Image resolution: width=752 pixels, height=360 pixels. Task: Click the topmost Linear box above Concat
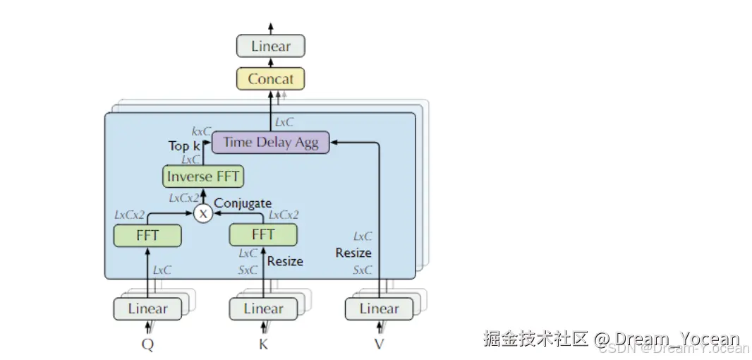pos(270,47)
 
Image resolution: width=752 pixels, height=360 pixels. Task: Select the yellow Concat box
pos(270,79)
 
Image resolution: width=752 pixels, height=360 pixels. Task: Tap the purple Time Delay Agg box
pos(271,143)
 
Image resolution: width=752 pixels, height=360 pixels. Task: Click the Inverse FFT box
pos(203,176)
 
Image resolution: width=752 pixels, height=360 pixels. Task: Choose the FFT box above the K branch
pos(263,234)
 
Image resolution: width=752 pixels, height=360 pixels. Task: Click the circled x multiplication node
pos(203,213)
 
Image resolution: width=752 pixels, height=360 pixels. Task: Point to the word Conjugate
pos(243,203)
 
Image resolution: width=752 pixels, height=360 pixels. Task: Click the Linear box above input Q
pos(147,309)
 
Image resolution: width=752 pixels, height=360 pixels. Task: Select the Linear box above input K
pos(263,309)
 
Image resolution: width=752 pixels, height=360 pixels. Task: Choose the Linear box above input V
pos(379,309)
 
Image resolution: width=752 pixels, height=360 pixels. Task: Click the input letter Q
pos(147,344)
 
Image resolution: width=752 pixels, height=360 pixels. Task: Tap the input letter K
pos(263,344)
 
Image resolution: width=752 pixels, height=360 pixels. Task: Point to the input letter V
pos(380,344)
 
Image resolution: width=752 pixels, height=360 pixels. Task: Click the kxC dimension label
pos(201,131)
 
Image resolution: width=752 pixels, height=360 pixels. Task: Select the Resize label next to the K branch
pos(285,261)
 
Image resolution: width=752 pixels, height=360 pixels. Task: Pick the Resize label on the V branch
pos(353,253)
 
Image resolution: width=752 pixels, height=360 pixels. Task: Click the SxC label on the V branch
pos(362,270)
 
